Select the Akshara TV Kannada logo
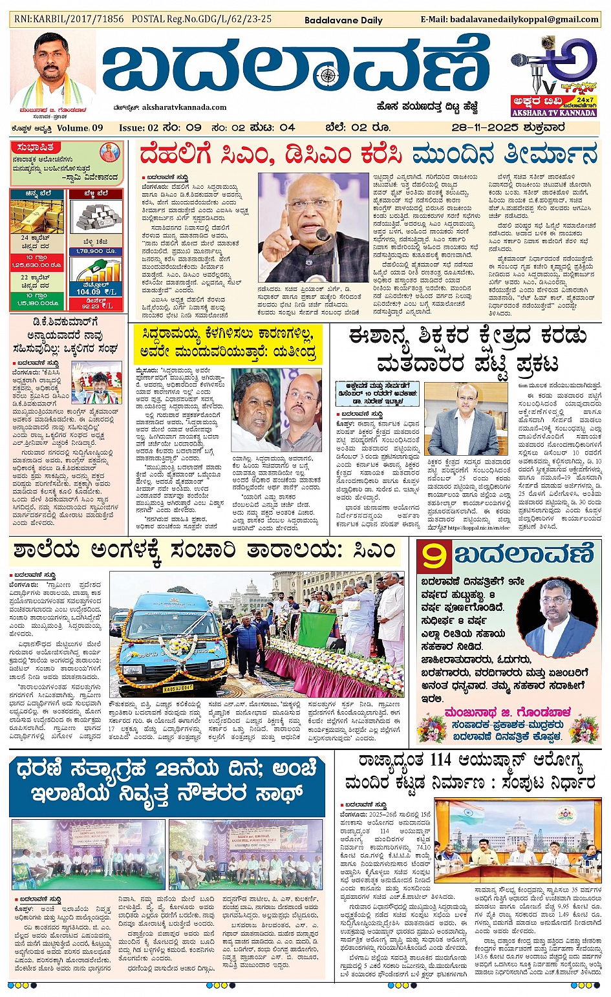(x=553, y=76)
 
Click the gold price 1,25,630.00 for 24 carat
(x=36, y=265)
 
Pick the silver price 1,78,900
(x=95, y=251)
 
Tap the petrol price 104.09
(x=89, y=292)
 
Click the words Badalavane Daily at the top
(x=343, y=20)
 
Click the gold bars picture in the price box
(x=36, y=217)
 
